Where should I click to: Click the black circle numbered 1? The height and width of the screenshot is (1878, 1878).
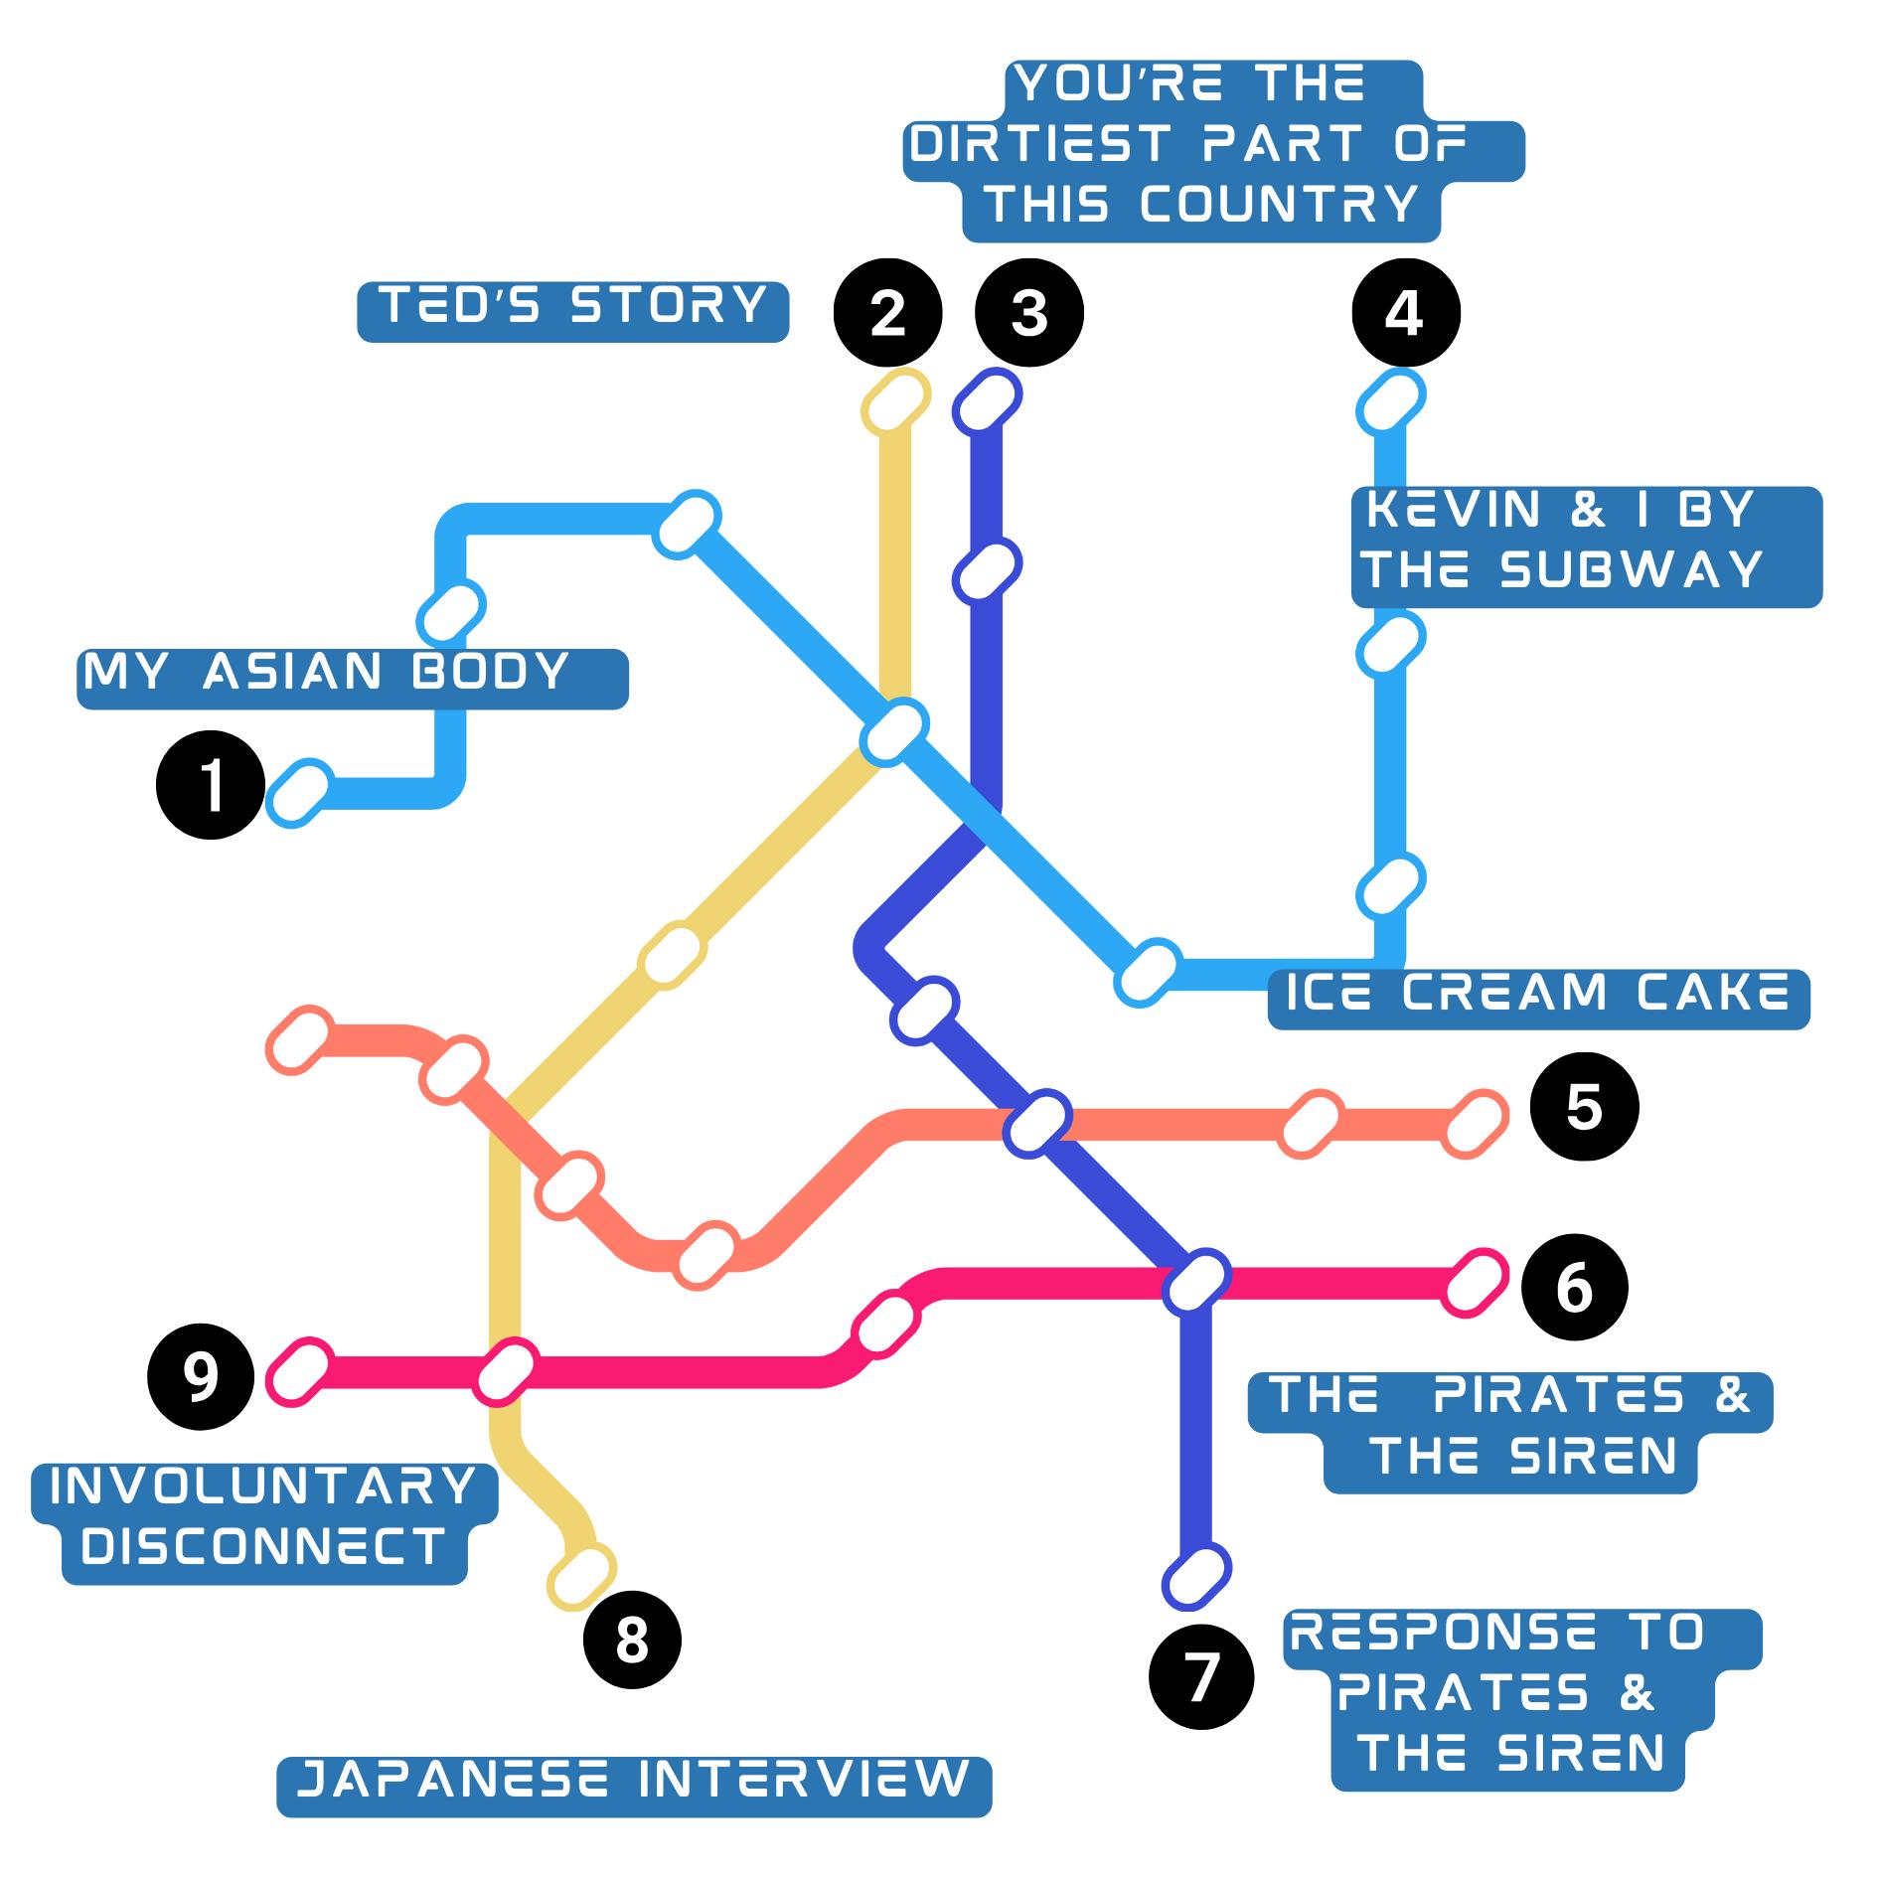point(211,785)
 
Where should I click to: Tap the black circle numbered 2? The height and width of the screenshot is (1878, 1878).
point(887,313)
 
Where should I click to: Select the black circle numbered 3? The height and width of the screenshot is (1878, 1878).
point(1029,313)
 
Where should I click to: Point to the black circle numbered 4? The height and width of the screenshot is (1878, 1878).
point(1406,313)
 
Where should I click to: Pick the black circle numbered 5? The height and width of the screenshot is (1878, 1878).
point(1584,1106)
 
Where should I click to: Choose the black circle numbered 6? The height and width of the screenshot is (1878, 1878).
point(1574,1287)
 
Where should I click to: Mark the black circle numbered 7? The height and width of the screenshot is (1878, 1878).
point(1201,1678)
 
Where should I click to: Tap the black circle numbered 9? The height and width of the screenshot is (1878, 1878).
point(201,1376)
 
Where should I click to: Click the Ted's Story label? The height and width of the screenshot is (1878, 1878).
point(573,311)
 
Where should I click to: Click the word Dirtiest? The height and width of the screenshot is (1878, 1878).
point(1038,145)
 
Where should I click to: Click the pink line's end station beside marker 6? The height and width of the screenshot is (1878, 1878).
point(1476,1283)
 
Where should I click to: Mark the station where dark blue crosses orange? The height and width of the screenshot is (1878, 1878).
point(1037,1124)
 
